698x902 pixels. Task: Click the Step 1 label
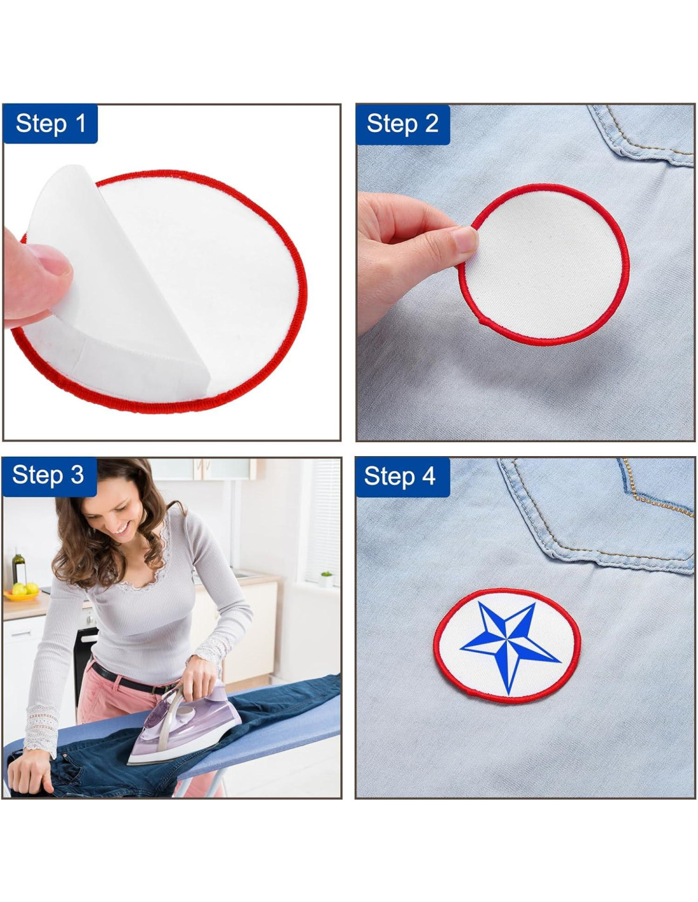pos(50,123)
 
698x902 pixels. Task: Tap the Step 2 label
pos(402,124)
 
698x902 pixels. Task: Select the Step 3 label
pos(49,476)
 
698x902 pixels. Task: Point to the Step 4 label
pos(402,476)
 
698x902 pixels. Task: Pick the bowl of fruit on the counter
pos(20,592)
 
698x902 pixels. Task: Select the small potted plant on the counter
pos(327,578)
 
